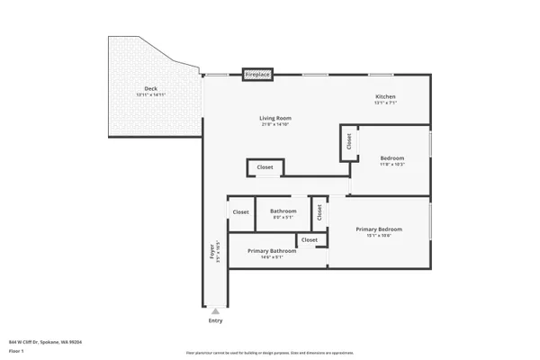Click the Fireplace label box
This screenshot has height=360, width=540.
pos(257,75)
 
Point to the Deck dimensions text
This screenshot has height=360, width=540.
pos(150,95)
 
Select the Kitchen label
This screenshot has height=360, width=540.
pos(385,96)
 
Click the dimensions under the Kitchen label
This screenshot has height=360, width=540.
pos(385,103)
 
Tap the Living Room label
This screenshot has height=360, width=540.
pos(275,118)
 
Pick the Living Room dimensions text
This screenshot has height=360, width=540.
pos(275,124)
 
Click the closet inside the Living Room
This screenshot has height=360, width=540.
pos(265,167)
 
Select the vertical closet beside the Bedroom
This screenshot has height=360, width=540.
pos(347,141)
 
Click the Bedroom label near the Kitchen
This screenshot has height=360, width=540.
pos(393,157)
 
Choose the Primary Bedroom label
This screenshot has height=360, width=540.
pos(378,229)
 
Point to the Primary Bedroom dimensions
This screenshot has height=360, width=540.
pos(378,236)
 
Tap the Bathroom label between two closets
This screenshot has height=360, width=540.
pos(283,211)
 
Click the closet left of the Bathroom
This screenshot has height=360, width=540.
pos(241,212)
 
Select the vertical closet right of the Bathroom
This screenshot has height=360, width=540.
pos(319,212)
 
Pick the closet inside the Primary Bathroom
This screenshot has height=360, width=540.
pos(309,240)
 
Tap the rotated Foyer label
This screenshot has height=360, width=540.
pos(213,251)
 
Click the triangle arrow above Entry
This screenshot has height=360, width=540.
pos(215,311)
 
